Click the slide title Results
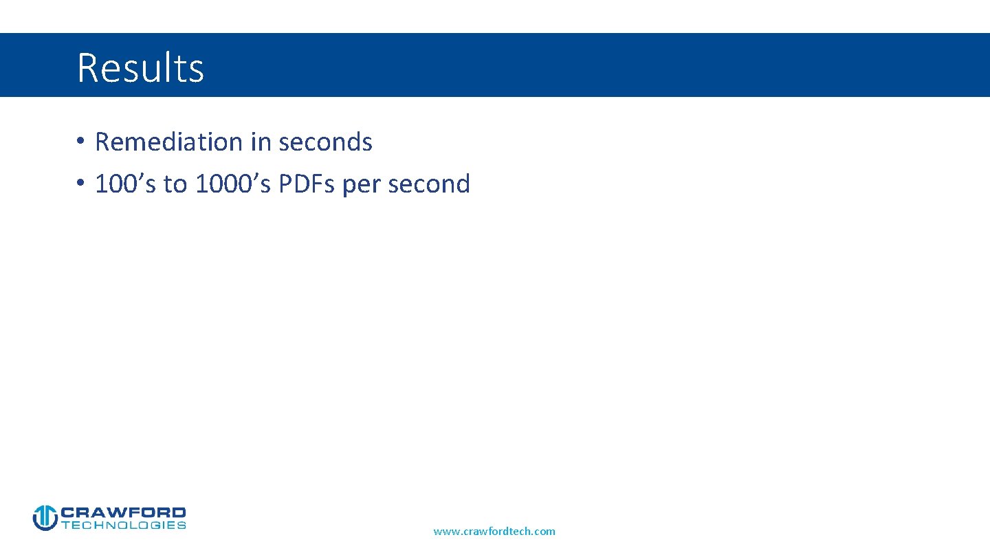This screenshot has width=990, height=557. pos(140,67)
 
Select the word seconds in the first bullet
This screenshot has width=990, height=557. pos(325,142)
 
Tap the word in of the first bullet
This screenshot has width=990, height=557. pos(261,142)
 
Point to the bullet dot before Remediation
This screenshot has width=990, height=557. pos(80,142)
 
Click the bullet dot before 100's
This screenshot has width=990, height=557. pos(80,184)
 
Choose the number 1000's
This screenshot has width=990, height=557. pos(233,184)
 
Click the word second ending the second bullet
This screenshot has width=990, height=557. pos(429,184)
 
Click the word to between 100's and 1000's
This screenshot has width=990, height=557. pos(175,184)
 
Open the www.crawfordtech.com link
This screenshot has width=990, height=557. pos(494,531)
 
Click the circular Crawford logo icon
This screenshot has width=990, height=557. pos(45,518)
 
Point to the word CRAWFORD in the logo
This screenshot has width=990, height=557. pos(124,513)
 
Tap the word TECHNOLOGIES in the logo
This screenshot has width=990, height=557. pos(124,525)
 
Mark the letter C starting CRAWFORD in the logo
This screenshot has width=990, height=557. pos(68,513)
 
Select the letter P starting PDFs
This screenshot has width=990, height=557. pos(286,184)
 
